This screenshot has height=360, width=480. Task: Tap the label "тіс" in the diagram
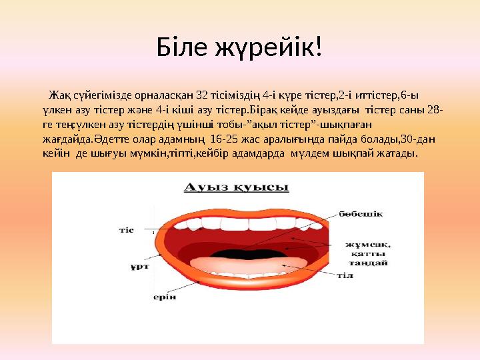[x=127, y=230]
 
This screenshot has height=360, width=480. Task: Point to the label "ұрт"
[x=135, y=267]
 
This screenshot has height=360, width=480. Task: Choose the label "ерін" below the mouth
[x=165, y=297]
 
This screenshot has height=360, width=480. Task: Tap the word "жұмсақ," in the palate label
[x=368, y=244]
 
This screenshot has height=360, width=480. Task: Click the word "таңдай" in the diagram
[x=370, y=262]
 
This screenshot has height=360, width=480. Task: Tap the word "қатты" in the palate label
[x=371, y=253]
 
